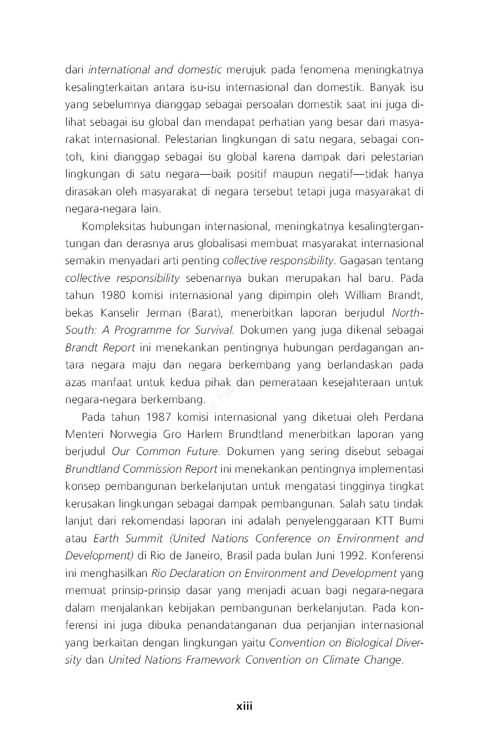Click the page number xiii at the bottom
pos(244,706)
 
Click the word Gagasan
pos(358,260)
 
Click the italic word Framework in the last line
pos(213,660)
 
